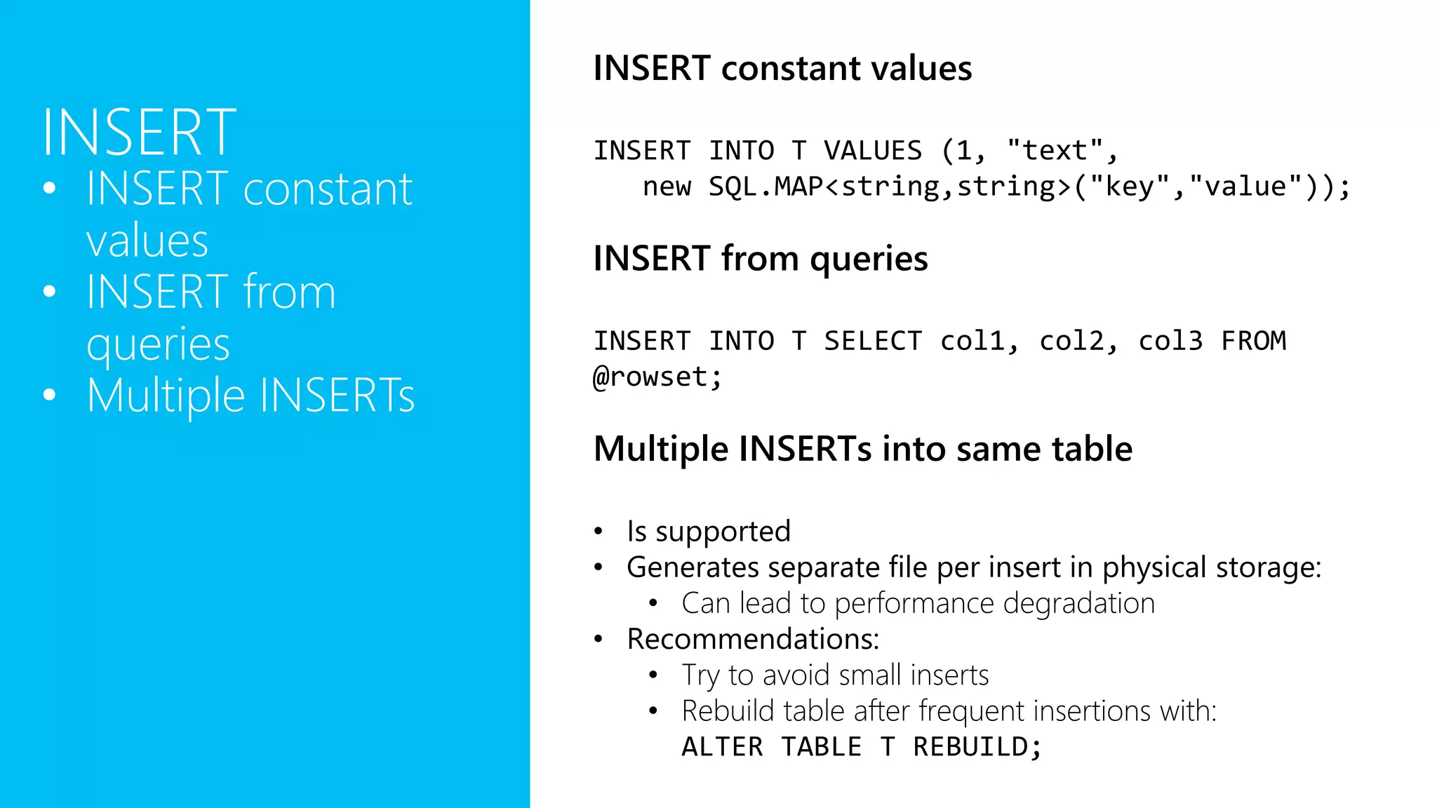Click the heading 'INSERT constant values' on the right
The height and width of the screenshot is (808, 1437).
pos(782,68)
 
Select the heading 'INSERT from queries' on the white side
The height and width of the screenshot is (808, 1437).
pos(760,258)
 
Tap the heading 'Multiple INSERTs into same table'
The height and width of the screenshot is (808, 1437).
pos(862,449)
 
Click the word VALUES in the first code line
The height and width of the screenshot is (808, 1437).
pos(872,151)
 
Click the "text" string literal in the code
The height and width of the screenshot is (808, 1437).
pos(1054,151)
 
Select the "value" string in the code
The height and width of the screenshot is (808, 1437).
pos(1245,187)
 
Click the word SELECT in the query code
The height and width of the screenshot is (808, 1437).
pos(872,342)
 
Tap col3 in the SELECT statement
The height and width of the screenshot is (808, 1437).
pos(1170,342)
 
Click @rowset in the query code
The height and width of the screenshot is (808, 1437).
pos(650,377)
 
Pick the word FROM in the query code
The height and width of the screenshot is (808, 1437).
pos(1253,342)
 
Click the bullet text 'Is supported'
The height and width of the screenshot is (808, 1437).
pos(709,532)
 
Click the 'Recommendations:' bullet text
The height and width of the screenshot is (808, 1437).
pos(753,639)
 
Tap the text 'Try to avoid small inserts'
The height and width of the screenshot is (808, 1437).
pos(835,675)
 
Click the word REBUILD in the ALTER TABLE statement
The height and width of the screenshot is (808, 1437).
pos(970,747)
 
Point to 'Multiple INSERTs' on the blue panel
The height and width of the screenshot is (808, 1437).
pos(250,395)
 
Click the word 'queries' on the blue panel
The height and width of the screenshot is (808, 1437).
pos(158,344)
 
